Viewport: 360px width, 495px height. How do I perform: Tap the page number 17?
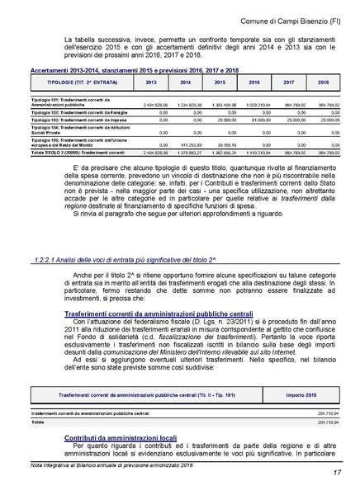338,473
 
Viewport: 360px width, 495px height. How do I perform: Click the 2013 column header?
151,83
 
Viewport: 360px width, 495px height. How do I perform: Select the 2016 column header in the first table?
254,83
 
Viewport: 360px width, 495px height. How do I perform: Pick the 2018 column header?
323,83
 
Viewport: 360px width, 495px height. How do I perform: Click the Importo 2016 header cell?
306,395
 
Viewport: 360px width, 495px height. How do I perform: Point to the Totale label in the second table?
38,421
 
